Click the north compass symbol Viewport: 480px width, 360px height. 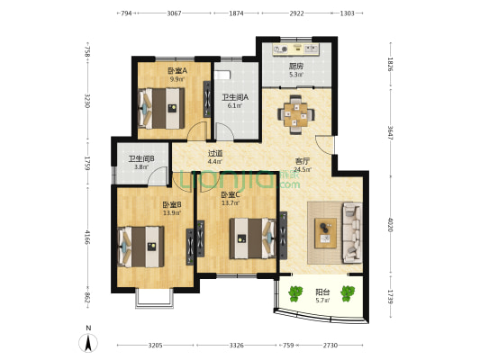[88, 343]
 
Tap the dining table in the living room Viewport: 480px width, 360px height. [295, 114]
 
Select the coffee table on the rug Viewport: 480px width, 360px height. [325, 233]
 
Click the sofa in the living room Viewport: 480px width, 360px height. [352, 232]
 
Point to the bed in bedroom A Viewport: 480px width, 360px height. [161, 108]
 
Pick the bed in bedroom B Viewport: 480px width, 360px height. [140, 247]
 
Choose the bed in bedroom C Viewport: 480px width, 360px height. [253, 238]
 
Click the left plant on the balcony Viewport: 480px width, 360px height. [295, 293]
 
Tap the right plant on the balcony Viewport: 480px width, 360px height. [348, 293]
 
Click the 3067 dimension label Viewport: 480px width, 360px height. [174, 13]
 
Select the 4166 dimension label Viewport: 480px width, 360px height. [88, 238]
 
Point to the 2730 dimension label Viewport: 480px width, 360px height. [331, 346]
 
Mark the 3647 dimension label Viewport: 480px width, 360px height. [390, 132]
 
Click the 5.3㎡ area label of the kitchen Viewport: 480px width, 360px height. [296, 75]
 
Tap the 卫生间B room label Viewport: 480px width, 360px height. [141, 159]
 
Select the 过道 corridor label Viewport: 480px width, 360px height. [215, 153]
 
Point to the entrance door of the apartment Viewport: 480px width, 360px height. [325, 145]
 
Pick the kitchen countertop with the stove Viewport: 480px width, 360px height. [296, 49]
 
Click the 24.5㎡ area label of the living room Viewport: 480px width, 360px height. [303, 169]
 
